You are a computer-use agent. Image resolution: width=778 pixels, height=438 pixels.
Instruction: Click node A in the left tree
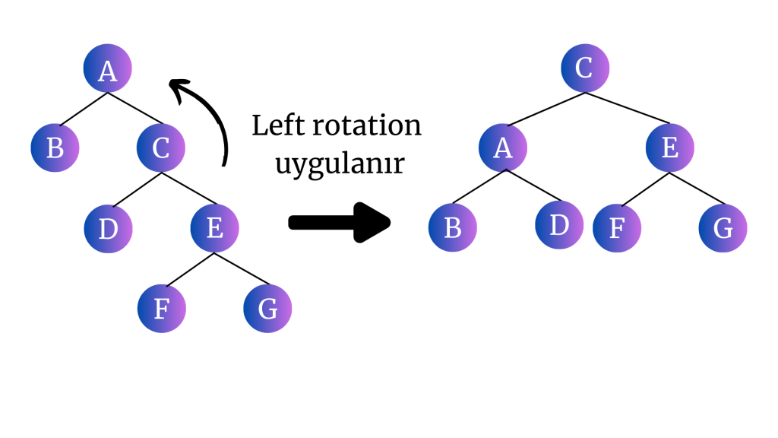coord(107,69)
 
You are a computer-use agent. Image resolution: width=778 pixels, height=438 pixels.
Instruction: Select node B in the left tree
coord(55,147)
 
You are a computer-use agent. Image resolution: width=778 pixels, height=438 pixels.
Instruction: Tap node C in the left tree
coord(161,147)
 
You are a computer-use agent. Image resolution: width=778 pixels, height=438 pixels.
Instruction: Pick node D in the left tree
coord(108,228)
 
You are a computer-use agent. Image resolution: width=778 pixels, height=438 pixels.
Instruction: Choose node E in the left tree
coord(214,228)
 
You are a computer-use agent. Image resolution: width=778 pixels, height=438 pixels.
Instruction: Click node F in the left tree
coord(161,309)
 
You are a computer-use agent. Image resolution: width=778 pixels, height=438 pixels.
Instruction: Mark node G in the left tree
coord(267,309)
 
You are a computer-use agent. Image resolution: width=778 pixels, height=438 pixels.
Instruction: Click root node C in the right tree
coord(585,68)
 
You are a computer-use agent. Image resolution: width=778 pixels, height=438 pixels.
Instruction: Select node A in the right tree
coord(503,147)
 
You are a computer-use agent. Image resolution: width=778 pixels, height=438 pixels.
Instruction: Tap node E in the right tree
coord(670,147)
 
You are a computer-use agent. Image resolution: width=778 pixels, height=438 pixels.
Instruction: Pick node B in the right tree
coord(453,227)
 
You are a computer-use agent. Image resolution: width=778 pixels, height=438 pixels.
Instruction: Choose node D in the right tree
coord(559,226)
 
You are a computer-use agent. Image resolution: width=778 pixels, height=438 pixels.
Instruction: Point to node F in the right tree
coord(616,227)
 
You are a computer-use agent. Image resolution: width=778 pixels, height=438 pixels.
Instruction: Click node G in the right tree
coord(723,227)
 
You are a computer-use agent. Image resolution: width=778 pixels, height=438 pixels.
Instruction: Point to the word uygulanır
coord(340,164)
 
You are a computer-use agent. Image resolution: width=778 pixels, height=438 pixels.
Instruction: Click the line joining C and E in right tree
coord(628,108)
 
